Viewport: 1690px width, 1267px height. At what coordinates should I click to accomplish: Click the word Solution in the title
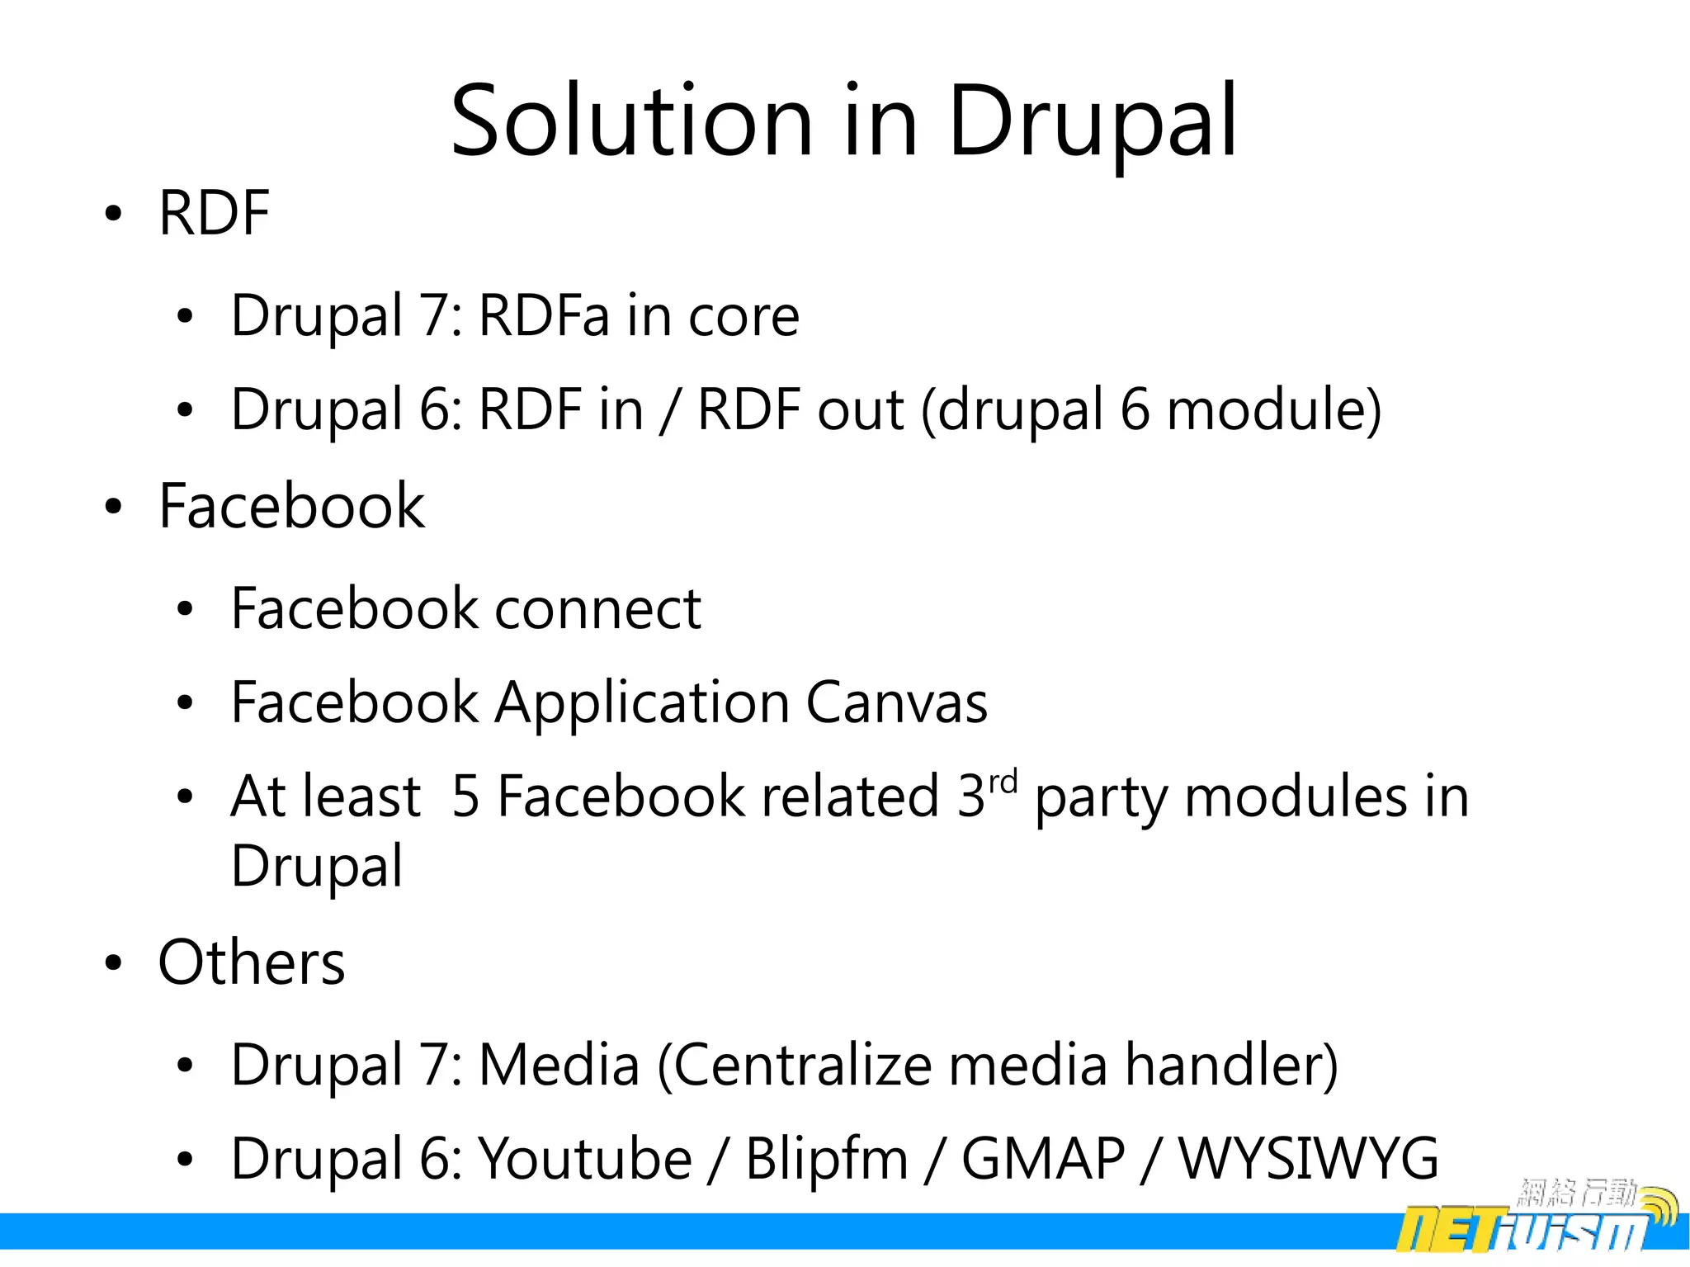tap(632, 122)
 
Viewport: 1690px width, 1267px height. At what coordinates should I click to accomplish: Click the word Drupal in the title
tap(1093, 122)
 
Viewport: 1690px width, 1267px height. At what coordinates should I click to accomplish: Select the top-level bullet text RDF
tap(215, 213)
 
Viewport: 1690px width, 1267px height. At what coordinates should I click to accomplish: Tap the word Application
tap(642, 703)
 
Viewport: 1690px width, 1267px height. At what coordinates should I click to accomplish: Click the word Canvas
tap(896, 703)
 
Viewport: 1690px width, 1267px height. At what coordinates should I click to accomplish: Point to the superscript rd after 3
tap(1003, 780)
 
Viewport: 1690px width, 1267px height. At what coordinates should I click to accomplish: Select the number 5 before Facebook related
tap(466, 797)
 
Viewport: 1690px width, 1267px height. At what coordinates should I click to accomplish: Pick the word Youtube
tap(586, 1159)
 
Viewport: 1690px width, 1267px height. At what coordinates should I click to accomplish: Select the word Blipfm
tap(827, 1159)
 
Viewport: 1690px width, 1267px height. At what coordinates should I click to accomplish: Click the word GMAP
tap(1043, 1159)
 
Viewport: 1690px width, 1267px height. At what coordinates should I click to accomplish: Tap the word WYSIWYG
tap(1308, 1159)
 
